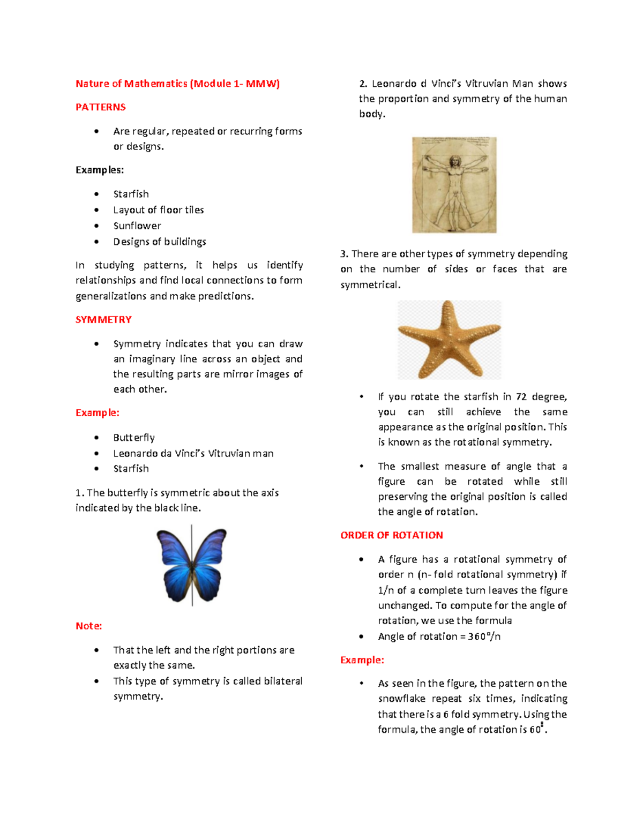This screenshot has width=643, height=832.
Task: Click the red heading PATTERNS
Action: pos(100,107)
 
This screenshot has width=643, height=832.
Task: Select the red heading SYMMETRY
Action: pos(103,320)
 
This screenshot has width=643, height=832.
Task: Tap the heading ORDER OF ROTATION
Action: pos(392,535)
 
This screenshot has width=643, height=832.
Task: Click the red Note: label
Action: pos(88,626)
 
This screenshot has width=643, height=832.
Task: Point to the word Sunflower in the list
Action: pos(137,226)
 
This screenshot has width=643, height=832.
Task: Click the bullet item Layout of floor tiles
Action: pos(159,210)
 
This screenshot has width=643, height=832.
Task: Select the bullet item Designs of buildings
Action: pos(160,242)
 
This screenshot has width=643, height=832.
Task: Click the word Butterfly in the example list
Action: pos(134,438)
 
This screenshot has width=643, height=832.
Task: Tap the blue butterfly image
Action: pos(191,565)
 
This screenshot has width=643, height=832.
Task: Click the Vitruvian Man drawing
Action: pos(454,185)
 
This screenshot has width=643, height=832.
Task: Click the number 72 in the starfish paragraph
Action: pos(521,397)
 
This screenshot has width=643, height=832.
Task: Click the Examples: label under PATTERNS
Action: pos(100,170)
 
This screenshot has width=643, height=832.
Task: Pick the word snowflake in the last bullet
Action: pos(401,699)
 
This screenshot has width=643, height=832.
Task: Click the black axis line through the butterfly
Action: pos(192,589)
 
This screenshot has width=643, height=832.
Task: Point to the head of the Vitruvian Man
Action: pos(454,161)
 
